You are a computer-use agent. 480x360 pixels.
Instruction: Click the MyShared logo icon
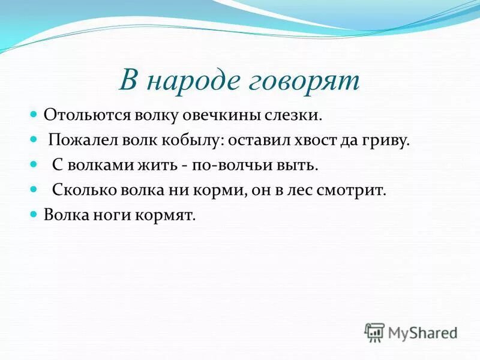click(x=374, y=331)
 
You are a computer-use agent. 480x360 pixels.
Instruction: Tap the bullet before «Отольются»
click(x=34, y=113)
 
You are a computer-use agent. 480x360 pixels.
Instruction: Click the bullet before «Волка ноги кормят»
click(x=34, y=214)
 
